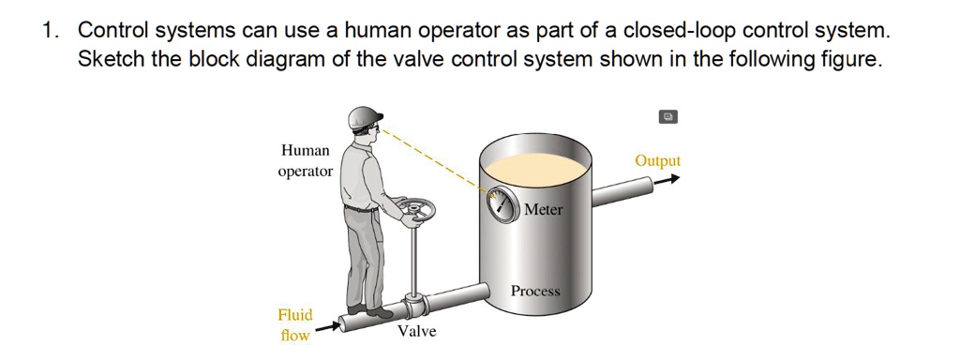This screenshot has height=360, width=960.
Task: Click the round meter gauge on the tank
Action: point(503,203)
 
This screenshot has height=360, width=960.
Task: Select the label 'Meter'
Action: point(544,210)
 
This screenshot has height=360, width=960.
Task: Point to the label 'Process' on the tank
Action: point(535,292)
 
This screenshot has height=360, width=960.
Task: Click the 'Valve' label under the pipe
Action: point(416,332)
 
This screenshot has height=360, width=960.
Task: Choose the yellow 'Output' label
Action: point(657,160)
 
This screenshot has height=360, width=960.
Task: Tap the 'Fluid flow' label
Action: point(295,324)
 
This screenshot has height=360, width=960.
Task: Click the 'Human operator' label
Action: point(306,160)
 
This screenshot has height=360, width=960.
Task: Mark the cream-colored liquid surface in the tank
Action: point(534,168)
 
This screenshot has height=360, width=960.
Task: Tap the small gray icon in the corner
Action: point(667,117)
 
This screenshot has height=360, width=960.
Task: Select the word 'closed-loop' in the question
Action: point(680,30)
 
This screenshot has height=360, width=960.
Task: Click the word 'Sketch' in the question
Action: point(109,61)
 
